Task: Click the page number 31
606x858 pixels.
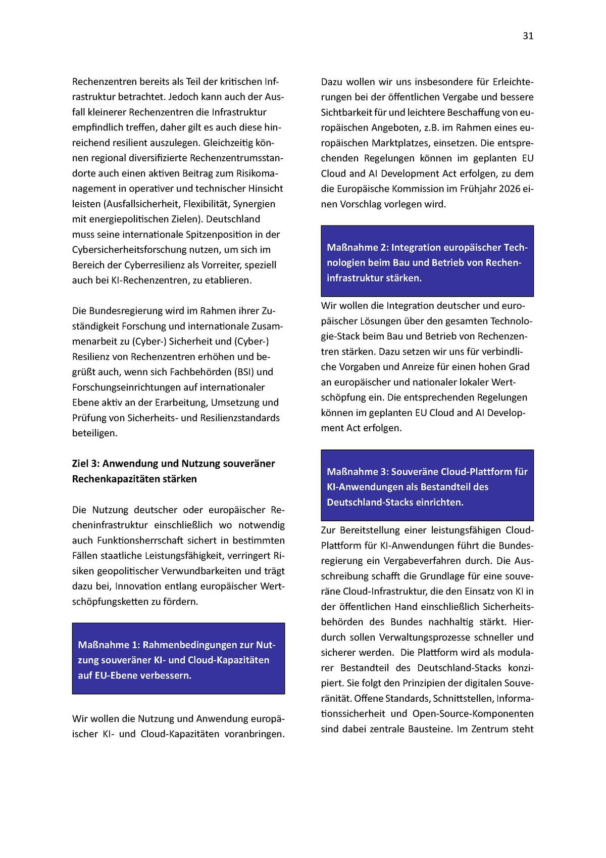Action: point(528,36)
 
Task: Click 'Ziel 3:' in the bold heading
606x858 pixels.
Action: point(86,464)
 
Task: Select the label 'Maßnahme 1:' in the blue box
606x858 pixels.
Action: point(108,645)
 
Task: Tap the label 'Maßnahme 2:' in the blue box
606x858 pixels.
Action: point(357,248)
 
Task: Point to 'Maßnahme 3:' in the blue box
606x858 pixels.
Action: point(357,472)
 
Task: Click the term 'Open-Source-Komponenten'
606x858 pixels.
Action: point(473,714)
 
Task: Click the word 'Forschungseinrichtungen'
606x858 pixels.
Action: point(124,387)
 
